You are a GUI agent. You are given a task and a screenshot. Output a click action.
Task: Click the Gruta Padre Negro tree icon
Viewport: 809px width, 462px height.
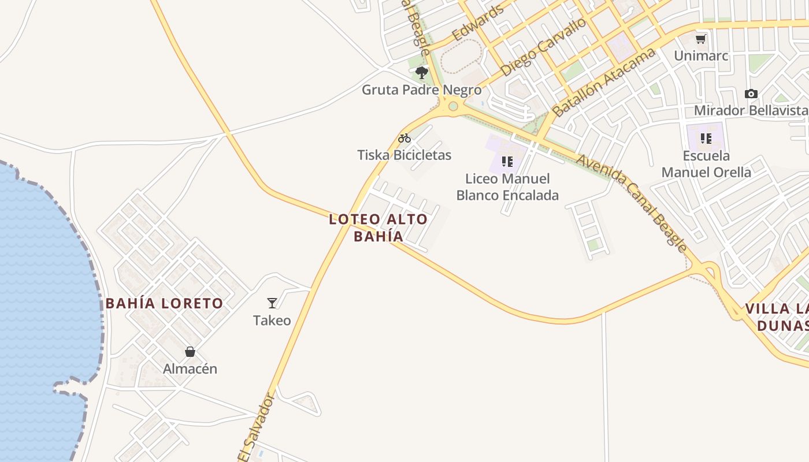422,73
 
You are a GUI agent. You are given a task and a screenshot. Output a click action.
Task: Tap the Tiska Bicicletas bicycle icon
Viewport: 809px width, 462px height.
404,138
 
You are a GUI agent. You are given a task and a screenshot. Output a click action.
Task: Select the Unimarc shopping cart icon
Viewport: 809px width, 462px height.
701,39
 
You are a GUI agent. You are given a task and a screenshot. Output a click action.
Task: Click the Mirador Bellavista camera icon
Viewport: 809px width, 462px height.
751,94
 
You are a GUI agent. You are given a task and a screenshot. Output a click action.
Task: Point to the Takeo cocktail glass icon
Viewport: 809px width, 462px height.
272,303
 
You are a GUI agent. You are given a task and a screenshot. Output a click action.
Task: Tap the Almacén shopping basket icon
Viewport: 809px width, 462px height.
190,352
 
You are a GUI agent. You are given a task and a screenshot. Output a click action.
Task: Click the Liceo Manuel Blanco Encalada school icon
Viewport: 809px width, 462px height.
507,162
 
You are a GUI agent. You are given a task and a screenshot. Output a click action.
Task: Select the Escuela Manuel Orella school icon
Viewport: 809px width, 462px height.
706,139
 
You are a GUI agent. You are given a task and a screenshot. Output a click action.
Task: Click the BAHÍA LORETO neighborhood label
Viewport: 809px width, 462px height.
164,304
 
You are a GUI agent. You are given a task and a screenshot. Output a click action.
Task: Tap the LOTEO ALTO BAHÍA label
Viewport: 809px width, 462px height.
378,228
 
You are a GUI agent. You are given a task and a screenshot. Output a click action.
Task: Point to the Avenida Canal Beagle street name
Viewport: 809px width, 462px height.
633,203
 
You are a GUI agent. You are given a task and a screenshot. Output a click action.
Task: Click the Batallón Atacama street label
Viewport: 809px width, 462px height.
604,82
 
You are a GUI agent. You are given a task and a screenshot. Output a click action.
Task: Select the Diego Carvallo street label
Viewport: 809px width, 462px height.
544,47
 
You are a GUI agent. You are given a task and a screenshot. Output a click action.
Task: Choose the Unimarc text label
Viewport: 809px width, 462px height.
701,56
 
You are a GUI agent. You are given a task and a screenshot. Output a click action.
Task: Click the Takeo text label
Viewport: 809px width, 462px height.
272,320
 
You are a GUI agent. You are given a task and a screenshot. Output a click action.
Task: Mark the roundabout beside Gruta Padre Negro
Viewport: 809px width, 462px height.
453,106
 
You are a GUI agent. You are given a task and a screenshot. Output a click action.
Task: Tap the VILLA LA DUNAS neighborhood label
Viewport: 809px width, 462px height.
777,316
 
